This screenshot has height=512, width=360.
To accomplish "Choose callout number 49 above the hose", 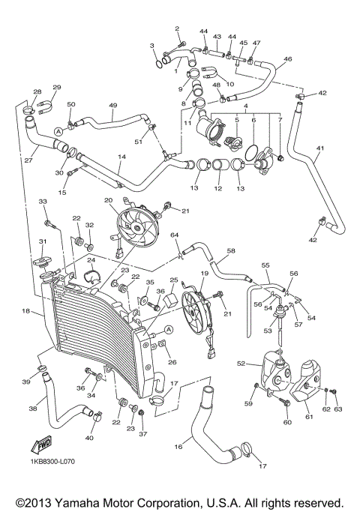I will coord(113,106).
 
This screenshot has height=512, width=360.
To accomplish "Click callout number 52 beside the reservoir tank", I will coord(241,364).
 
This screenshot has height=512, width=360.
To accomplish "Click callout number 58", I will coord(231,251).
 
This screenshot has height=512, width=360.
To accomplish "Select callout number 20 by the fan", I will coord(108,200).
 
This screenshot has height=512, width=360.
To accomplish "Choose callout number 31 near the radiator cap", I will coord(43,241).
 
